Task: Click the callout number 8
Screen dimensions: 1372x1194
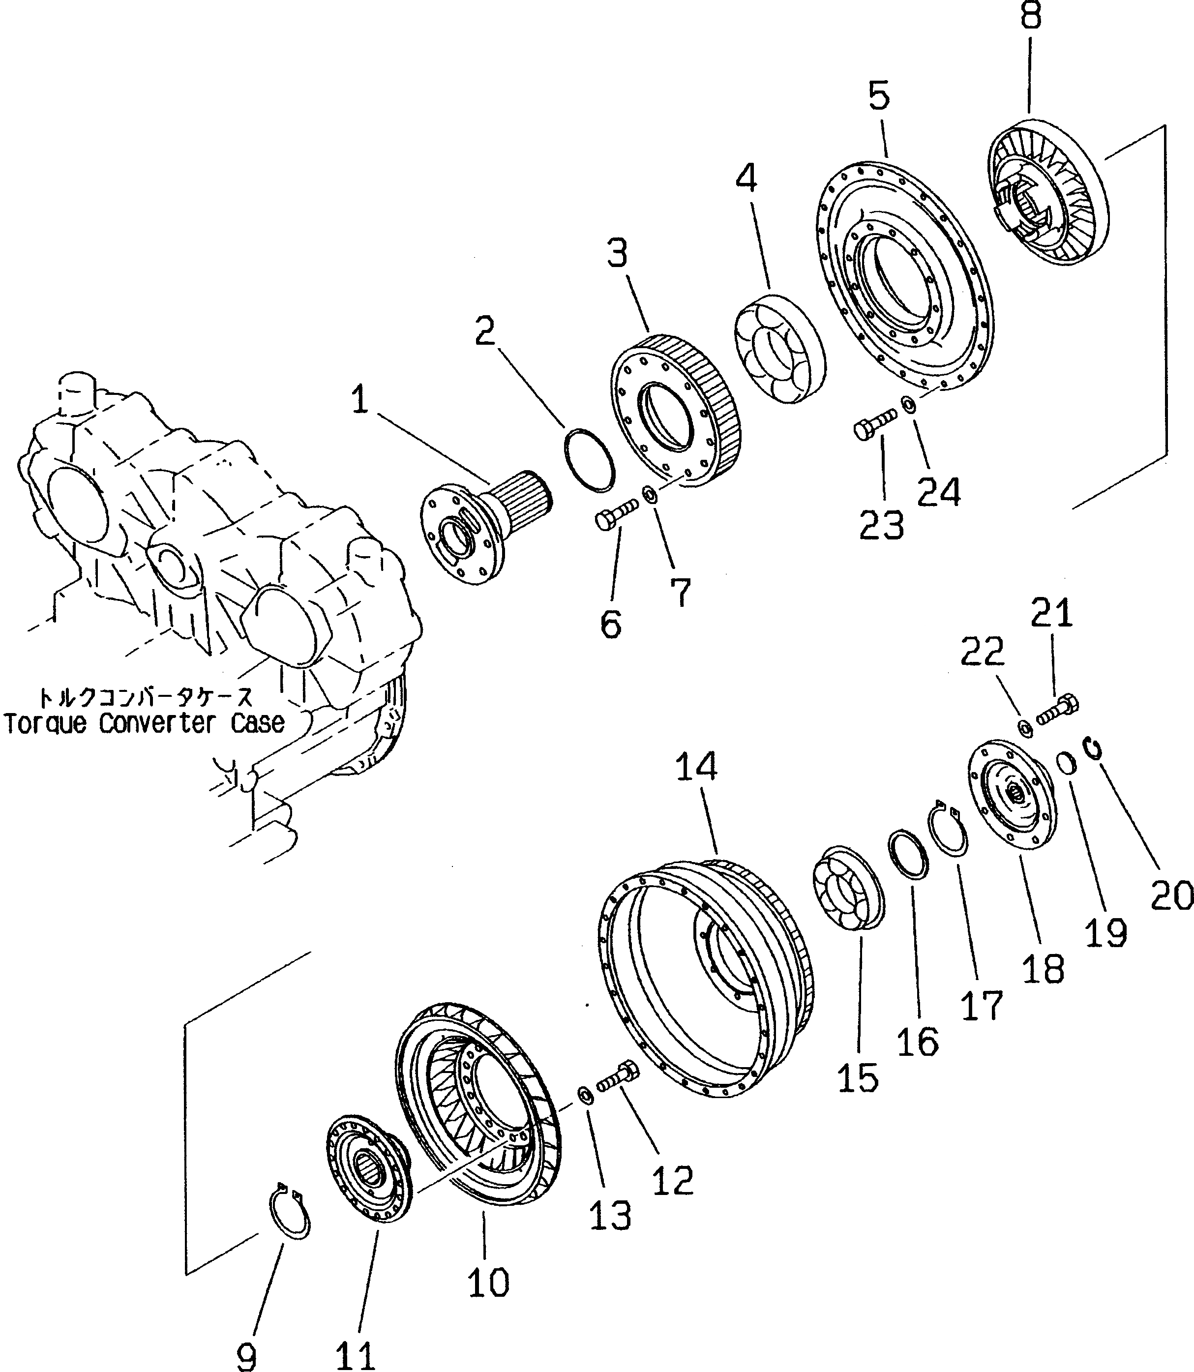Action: coord(1030,16)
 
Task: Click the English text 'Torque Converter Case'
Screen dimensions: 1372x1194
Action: coord(145,723)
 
